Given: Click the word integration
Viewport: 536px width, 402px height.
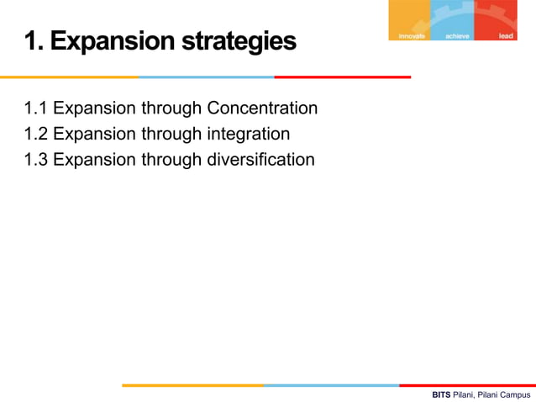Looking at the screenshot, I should [249, 134].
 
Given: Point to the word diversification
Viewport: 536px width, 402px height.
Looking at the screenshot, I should [260, 159].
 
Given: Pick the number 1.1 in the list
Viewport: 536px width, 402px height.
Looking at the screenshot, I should [35, 108].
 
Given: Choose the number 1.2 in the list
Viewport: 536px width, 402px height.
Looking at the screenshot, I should [35, 134].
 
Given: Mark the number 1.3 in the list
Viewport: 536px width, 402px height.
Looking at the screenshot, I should [35, 159].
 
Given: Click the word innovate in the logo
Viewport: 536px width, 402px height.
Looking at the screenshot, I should [412, 36].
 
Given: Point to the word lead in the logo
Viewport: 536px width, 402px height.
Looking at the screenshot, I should [506, 36].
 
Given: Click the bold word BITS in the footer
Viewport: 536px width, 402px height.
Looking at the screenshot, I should [441, 394].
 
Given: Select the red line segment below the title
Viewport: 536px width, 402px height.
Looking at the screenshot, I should [342, 77].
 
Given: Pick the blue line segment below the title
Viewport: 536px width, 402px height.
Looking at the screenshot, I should [206, 77].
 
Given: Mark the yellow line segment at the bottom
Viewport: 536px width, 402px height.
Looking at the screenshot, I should [192, 385].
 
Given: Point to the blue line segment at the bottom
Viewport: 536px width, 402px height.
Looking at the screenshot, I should [331, 385].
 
